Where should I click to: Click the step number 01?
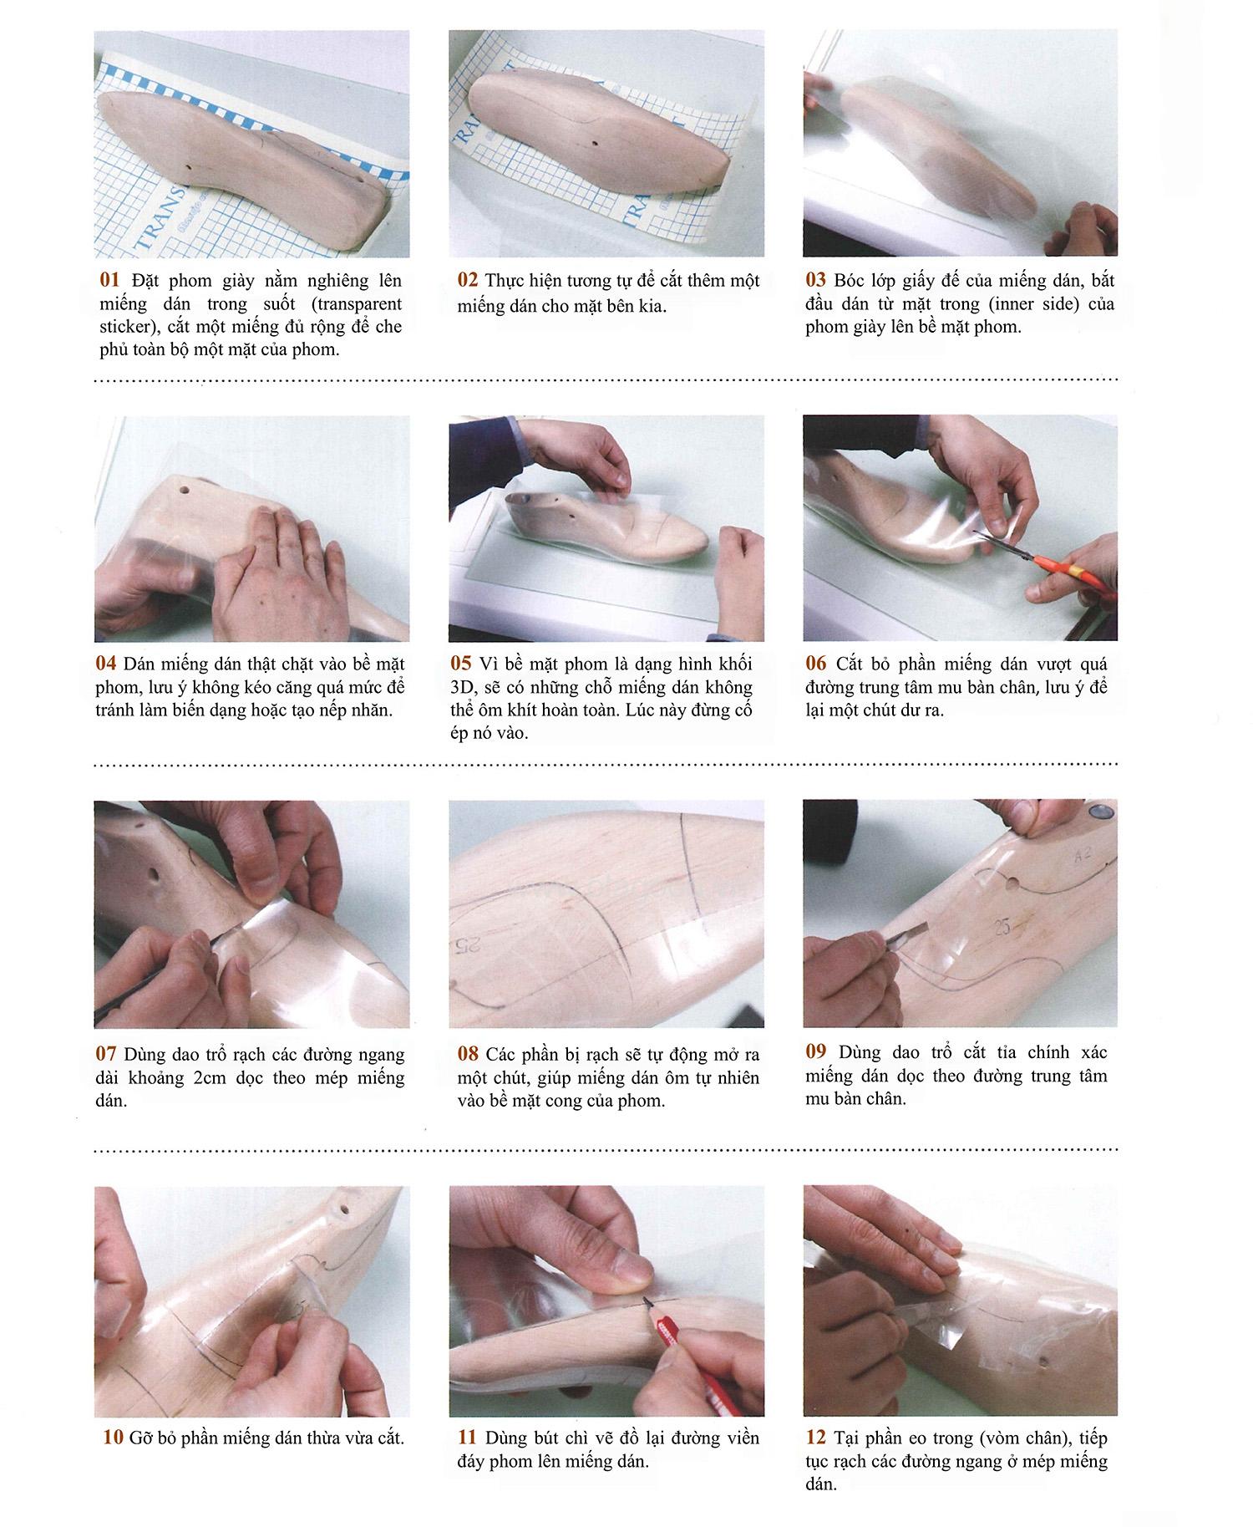click(109, 280)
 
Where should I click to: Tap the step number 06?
click(816, 664)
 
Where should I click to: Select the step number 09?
click(816, 1051)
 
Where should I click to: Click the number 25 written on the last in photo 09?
click(1003, 927)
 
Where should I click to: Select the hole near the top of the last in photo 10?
click(343, 1209)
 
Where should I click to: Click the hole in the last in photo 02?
click(595, 144)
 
